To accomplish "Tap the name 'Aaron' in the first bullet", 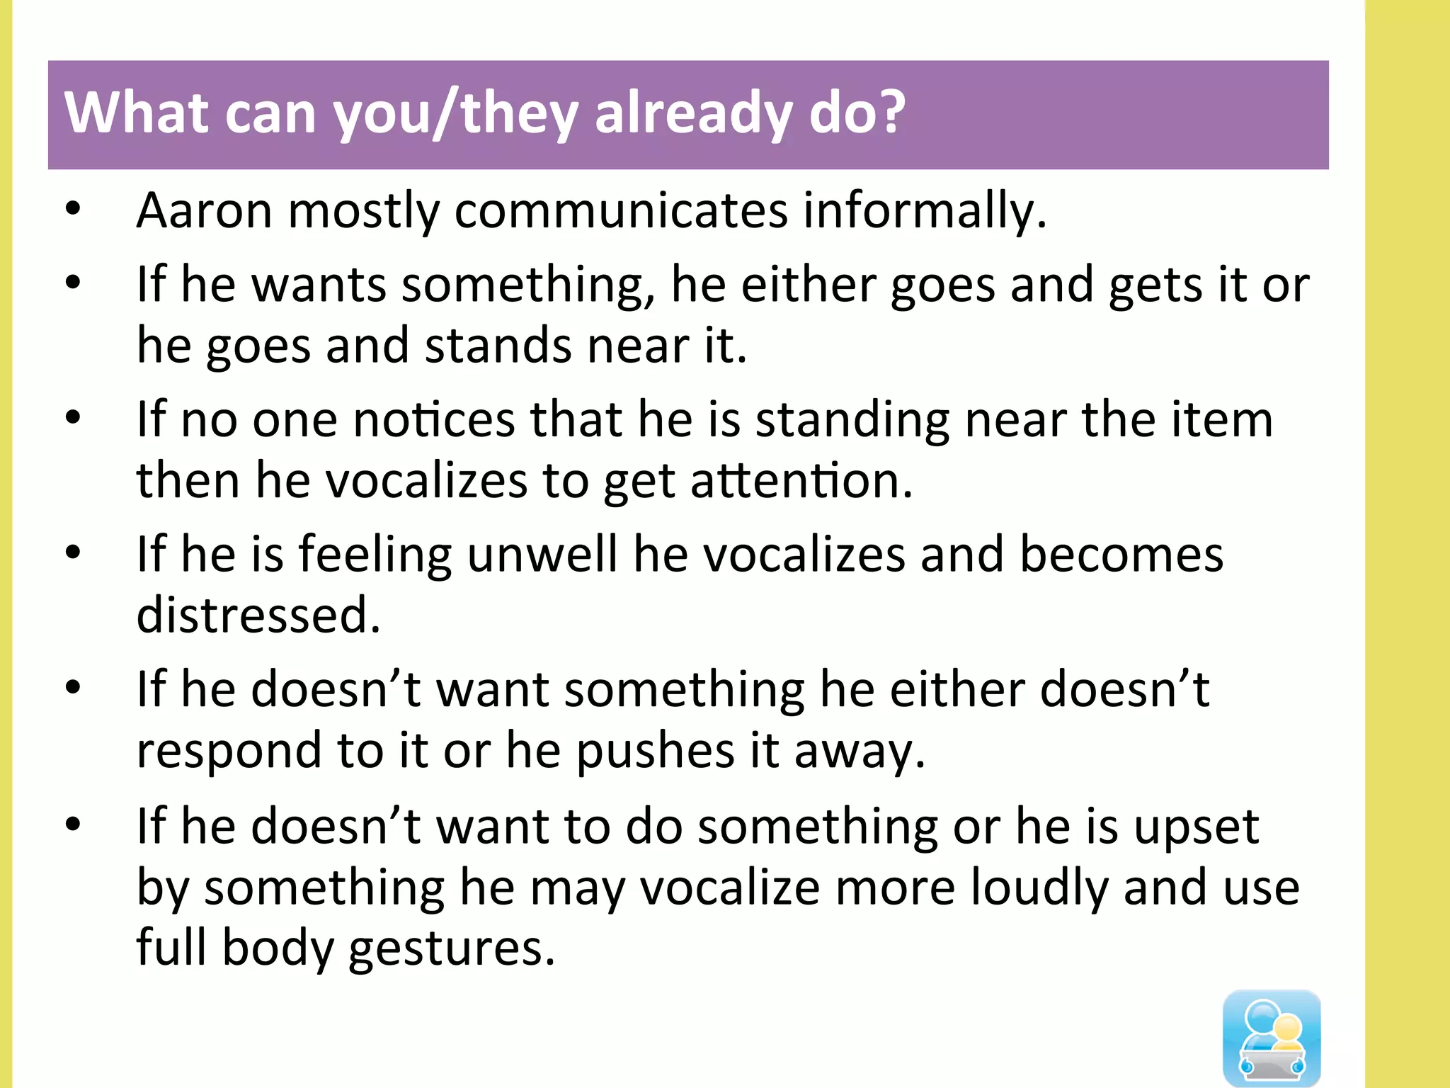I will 204,210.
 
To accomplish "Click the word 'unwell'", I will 542,554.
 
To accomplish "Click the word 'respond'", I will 229,751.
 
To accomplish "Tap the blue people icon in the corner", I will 1272,1037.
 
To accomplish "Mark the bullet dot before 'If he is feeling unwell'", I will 73,552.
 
